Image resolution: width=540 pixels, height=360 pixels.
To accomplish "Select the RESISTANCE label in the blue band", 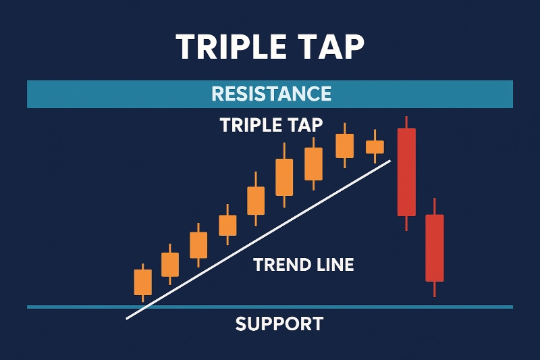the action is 271,94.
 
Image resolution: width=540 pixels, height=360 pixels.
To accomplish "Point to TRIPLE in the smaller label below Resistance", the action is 250,125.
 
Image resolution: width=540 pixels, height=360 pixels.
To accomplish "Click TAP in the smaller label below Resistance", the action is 305,125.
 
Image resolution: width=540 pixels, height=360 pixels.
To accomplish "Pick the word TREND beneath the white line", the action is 277,265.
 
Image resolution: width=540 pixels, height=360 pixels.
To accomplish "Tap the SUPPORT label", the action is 279,324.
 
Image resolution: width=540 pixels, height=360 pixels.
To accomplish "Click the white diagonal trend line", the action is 259,240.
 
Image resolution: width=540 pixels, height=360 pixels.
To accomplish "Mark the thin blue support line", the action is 270,307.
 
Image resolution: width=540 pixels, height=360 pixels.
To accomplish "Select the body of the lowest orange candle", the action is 143,282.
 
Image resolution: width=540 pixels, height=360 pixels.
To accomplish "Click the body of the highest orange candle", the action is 345,146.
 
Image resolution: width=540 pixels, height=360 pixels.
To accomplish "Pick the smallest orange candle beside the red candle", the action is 375,147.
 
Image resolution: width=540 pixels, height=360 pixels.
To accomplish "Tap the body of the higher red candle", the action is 407,172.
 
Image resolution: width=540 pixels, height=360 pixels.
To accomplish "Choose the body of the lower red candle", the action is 435,248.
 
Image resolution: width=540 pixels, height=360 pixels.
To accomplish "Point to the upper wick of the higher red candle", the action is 407,122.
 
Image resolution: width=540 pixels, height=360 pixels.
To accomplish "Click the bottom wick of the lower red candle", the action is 435,289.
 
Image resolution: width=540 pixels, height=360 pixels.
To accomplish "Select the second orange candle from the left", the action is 170,265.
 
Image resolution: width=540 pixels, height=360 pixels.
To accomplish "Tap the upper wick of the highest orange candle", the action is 345,128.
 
